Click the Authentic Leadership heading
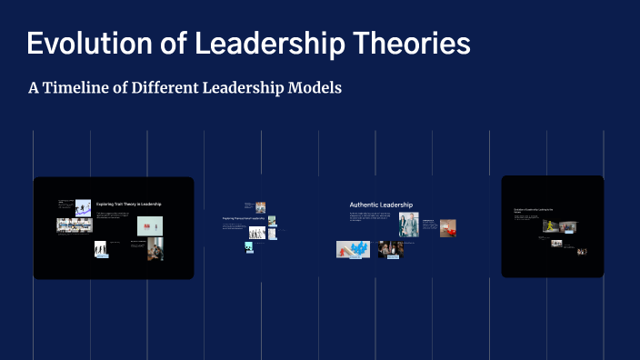[x=381, y=205]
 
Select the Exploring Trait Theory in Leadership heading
[x=129, y=205]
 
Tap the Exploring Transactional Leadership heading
[x=244, y=219]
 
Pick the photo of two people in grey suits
[x=408, y=225]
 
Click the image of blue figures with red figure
[x=353, y=249]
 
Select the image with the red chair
[x=447, y=227]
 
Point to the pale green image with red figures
[x=150, y=225]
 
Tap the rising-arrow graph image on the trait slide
[x=83, y=207]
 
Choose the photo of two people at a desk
[x=155, y=249]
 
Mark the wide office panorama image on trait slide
[x=75, y=225]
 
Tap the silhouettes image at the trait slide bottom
[x=101, y=248]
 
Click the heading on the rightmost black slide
[x=534, y=210]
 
